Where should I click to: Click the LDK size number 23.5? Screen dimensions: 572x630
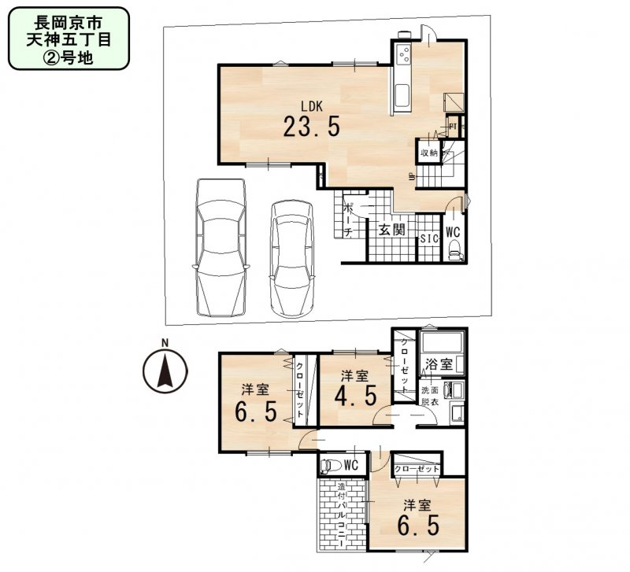pos(312,127)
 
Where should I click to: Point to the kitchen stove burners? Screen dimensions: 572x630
pos(404,54)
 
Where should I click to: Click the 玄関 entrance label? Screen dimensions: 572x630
pos(391,231)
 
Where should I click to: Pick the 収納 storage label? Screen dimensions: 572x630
pos(428,153)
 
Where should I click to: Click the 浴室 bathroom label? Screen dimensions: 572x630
pos(438,364)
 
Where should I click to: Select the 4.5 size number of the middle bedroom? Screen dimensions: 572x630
pos(354,393)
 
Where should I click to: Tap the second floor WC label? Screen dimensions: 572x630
pos(350,465)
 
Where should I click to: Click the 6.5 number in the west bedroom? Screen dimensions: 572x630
pos(255,411)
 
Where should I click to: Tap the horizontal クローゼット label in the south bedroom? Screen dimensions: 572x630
pos(417,468)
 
